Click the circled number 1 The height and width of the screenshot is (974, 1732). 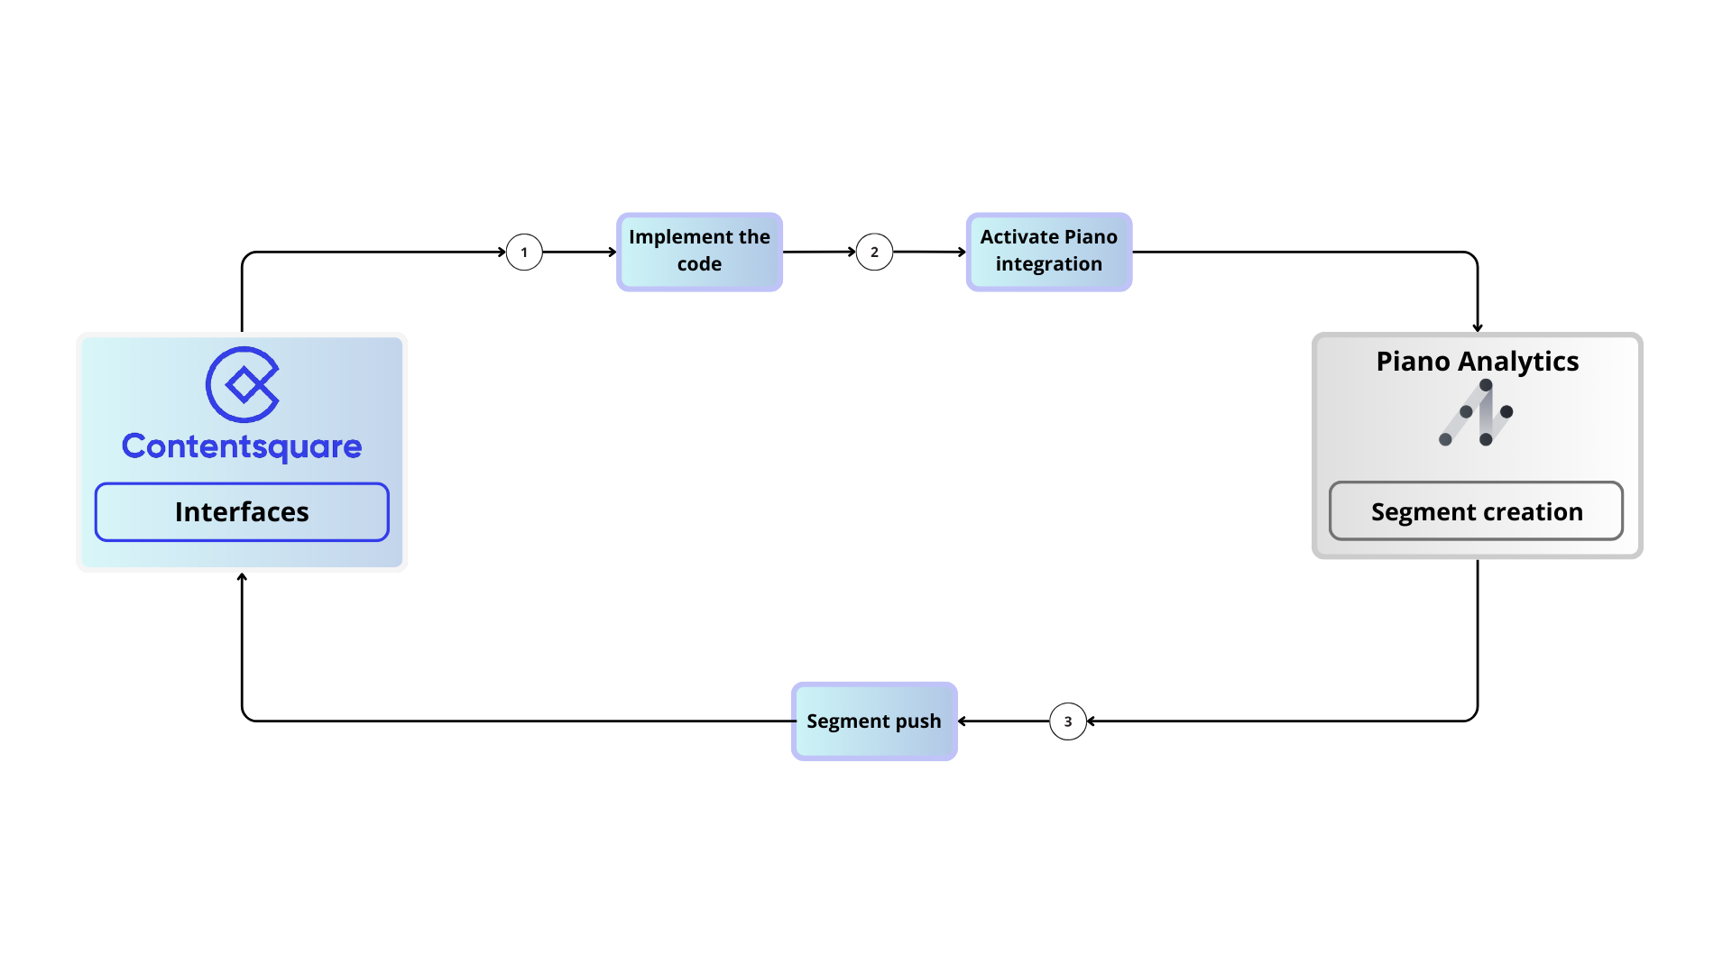[524, 253]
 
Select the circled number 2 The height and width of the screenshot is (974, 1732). [874, 253]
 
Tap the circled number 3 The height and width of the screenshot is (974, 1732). [1068, 721]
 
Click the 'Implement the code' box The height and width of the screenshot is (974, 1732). [699, 252]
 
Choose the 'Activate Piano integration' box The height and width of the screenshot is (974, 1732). [1048, 252]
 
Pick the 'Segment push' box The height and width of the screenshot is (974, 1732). [873, 721]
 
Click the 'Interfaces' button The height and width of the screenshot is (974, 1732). [242, 512]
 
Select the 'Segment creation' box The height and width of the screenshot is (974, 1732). [1476, 511]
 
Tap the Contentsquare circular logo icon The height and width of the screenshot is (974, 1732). [243, 384]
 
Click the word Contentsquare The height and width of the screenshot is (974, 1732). [242, 446]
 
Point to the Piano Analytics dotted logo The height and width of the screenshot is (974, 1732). [1477, 413]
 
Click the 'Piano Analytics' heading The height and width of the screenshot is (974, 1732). [1477, 362]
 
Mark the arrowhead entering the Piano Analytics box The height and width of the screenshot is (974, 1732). [1478, 327]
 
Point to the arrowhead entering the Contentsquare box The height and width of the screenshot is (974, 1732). [242, 577]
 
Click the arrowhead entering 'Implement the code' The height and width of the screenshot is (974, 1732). [612, 253]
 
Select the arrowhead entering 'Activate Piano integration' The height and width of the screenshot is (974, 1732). [962, 253]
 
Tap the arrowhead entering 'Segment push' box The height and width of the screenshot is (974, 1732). [963, 721]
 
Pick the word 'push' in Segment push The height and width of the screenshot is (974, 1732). [917, 721]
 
